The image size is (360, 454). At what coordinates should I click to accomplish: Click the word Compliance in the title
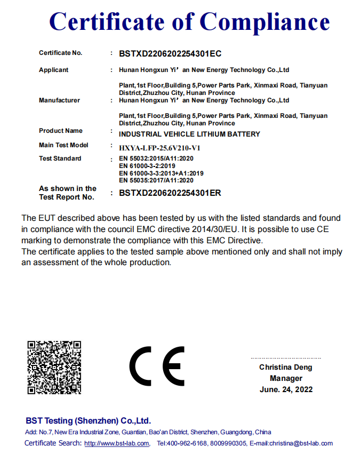(265, 22)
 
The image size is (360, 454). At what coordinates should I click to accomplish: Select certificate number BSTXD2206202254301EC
(170, 53)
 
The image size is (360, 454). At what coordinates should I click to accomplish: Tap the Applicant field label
(54, 70)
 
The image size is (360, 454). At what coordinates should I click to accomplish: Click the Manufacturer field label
(59, 100)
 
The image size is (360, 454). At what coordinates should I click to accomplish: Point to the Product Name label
(61, 131)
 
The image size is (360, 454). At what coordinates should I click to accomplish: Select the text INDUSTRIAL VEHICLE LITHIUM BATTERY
(189, 134)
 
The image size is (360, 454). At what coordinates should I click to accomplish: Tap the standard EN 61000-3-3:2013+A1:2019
(161, 173)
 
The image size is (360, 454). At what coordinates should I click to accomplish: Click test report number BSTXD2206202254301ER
(170, 193)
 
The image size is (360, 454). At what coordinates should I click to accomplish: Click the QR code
(54, 368)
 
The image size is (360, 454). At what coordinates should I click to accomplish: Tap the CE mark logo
(157, 367)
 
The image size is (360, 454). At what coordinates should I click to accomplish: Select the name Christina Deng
(286, 367)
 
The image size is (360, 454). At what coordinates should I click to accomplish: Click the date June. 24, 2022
(286, 389)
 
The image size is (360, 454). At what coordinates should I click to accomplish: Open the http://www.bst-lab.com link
(117, 443)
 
